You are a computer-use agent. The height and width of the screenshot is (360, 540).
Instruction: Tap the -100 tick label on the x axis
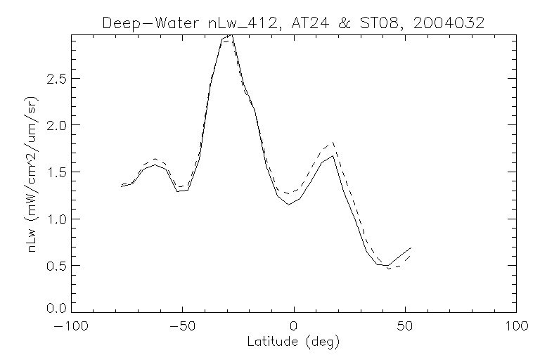pos(71,328)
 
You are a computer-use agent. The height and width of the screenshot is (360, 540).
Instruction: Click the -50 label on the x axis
pos(182,328)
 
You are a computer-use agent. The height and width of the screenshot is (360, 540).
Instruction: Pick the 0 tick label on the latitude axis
pos(294,328)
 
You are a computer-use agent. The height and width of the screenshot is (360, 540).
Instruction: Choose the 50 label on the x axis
pos(406,328)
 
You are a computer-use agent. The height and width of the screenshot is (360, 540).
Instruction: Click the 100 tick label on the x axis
pos(517,328)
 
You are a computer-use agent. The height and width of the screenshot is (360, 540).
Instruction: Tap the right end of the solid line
pos(411,248)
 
